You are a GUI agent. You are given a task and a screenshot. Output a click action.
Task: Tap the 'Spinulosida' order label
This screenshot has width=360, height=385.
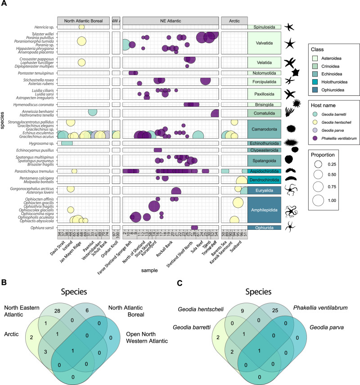(x=264, y=27)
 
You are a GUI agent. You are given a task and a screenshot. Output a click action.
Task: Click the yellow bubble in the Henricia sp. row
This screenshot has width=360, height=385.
(x=81, y=27)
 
